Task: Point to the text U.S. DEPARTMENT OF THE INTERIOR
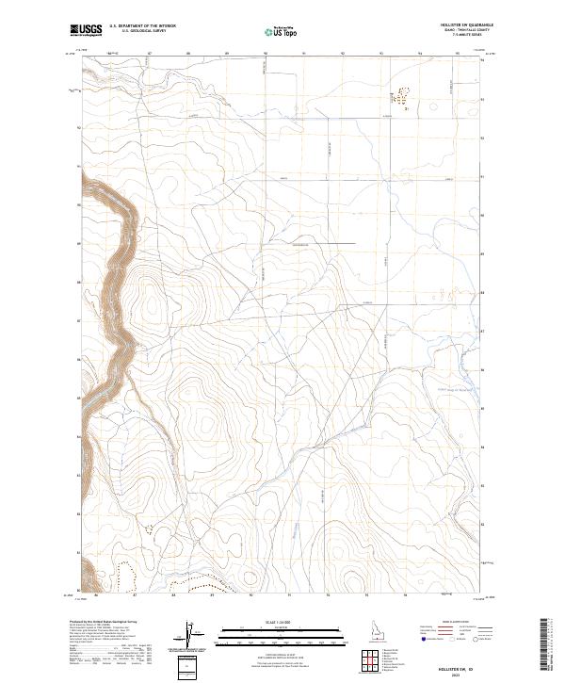[x=142, y=27]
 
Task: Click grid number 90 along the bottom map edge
[x=251, y=595]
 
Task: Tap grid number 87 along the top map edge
[x=151, y=54]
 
